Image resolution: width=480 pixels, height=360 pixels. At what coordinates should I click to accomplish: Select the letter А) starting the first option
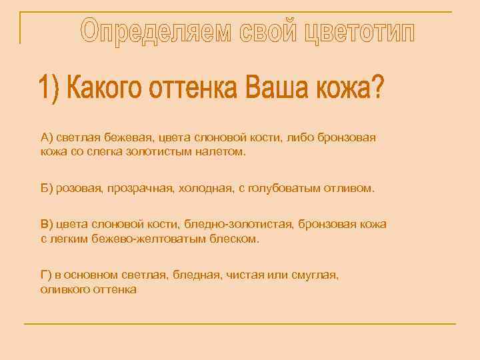click(46, 137)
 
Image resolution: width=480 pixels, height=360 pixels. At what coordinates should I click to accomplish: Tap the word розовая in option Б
click(79, 189)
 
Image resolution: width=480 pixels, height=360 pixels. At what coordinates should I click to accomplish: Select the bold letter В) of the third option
click(46, 224)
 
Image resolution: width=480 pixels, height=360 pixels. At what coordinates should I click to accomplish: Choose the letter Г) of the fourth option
click(45, 275)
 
